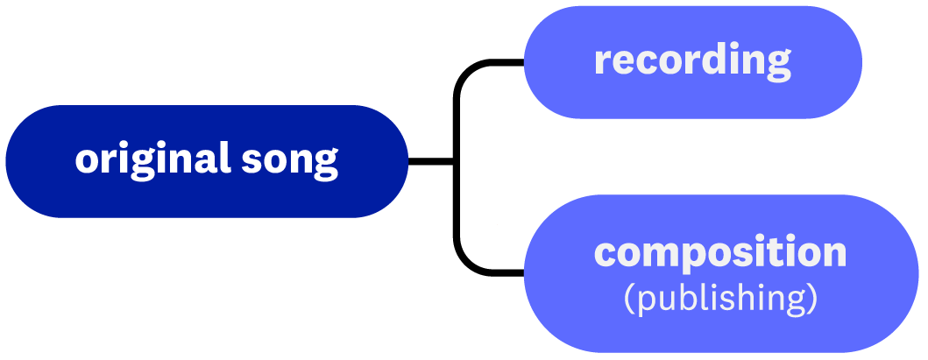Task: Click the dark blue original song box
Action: coord(207,161)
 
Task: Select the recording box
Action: coord(693,62)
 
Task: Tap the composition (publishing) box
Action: coord(721,273)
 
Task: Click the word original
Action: coord(152,160)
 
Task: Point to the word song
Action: coord(290,163)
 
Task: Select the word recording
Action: coord(692,62)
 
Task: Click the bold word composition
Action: coord(720,253)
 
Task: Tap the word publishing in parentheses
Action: coord(721,299)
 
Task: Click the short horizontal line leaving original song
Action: coord(431,161)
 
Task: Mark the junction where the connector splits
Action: coord(457,161)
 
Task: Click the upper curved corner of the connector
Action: coord(464,70)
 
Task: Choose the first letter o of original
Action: coord(87,161)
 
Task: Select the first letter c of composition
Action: coord(605,256)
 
